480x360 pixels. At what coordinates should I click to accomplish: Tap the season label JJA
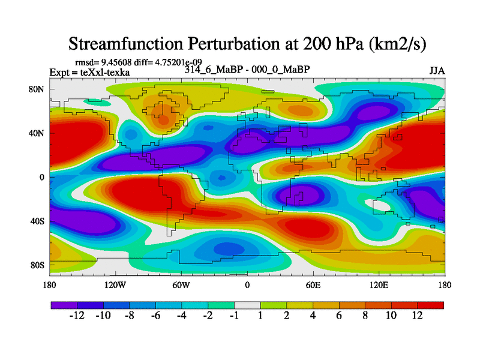pyautogui.click(x=437, y=71)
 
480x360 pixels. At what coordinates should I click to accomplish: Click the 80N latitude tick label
pyautogui.click(x=38, y=89)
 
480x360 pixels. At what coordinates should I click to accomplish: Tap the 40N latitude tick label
pyautogui.click(x=38, y=133)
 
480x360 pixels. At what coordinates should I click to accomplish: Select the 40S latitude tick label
pyautogui.click(x=38, y=221)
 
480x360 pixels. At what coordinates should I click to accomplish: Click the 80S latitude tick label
pyautogui.click(x=38, y=265)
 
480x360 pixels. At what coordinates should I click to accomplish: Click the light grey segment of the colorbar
pyautogui.click(x=247, y=305)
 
